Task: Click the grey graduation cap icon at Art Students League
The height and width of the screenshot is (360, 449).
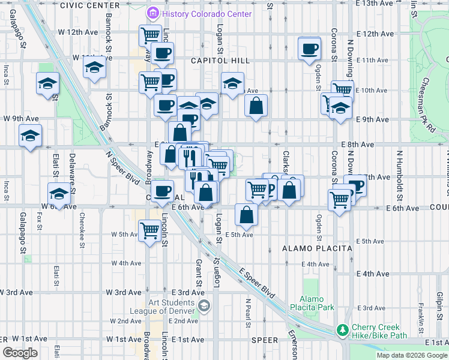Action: coord(204,307)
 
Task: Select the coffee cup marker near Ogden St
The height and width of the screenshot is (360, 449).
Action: coord(310,49)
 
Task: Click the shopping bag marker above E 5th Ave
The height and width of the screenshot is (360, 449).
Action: coord(247,214)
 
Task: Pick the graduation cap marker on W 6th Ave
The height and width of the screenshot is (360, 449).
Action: coord(59,194)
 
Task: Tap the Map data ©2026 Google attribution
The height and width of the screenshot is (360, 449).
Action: coord(412,355)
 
